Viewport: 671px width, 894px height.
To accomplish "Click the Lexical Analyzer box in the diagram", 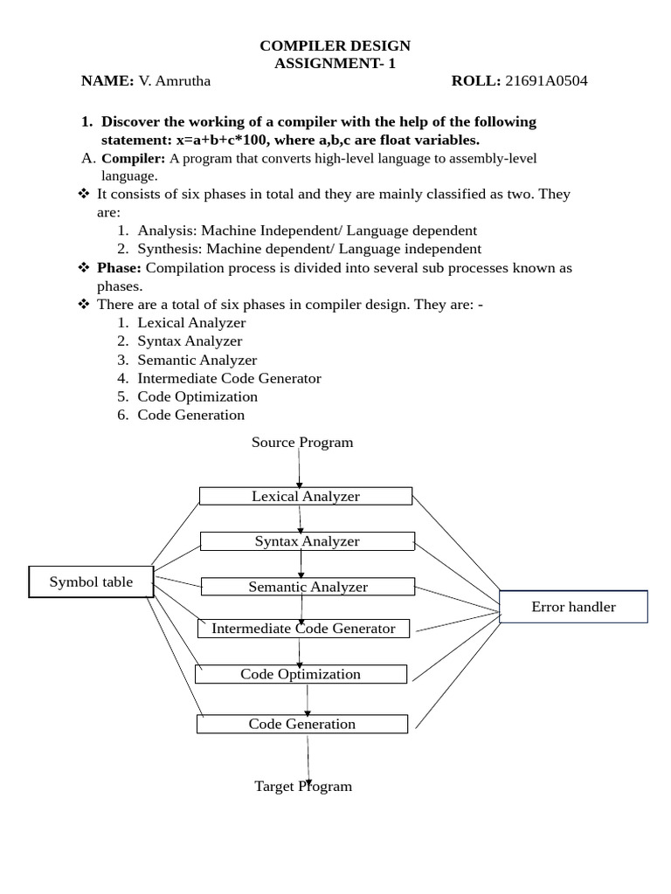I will click(306, 496).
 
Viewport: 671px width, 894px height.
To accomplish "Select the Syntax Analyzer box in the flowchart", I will click(307, 541).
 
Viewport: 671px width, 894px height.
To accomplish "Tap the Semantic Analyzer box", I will click(308, 587).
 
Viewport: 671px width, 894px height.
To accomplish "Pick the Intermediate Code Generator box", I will click(303, 629).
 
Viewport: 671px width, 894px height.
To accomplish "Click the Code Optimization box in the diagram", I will click(301, 674).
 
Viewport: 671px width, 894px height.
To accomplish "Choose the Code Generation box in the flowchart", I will click(301, 724).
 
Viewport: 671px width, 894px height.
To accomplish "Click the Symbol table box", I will click(91, 581).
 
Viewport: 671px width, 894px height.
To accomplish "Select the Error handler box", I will click(573, 607).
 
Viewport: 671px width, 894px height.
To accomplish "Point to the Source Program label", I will click(302, 442).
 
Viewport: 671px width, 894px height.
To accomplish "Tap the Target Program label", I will click(303, 786).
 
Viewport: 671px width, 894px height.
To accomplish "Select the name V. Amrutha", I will click(175, 81).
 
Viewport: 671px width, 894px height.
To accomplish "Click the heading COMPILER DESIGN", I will click(335, 45).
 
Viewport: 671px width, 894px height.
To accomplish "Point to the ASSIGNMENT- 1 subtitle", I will click(335, 63).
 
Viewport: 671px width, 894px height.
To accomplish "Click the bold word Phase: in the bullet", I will click(119, 268).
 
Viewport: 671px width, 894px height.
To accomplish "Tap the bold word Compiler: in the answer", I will click(134, 158).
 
